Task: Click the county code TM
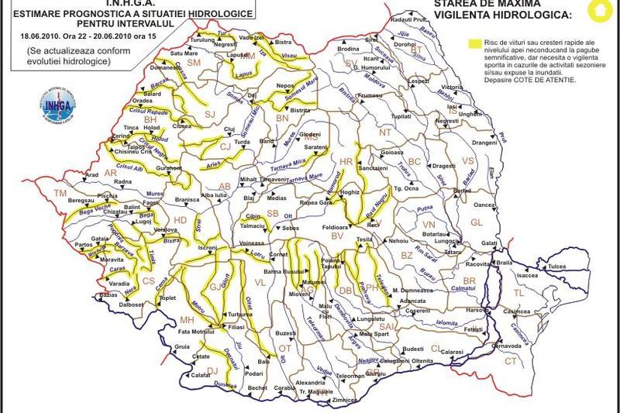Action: tap(60, 192)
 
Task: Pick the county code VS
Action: tap(467, 160)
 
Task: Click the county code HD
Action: tap(180, 221)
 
